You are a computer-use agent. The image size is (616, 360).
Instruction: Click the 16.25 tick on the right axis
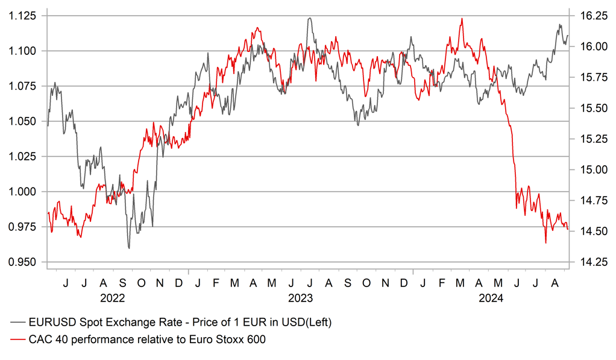click(x=590, y=16)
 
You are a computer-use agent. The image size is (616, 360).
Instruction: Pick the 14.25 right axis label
click(x=590, y=262)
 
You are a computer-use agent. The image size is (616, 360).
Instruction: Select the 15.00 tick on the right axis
click(x=590, y=169)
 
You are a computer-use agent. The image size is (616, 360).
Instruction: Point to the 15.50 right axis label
click(x=590, y=108)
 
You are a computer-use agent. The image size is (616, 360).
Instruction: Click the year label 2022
click(x=113, y=297)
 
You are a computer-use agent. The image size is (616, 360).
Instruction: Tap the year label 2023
click(x=300, y=297)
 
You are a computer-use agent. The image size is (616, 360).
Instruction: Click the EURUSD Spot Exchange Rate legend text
click(x=181, y=323)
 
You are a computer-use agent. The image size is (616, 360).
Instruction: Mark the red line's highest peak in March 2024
click(x=462, y=18)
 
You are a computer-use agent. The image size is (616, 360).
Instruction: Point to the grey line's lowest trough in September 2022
click(x=129, y=248)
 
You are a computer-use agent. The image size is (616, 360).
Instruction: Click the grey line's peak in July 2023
click(x=309, y=18)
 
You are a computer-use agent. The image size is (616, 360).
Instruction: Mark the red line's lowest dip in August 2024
click(x=545, y=243)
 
